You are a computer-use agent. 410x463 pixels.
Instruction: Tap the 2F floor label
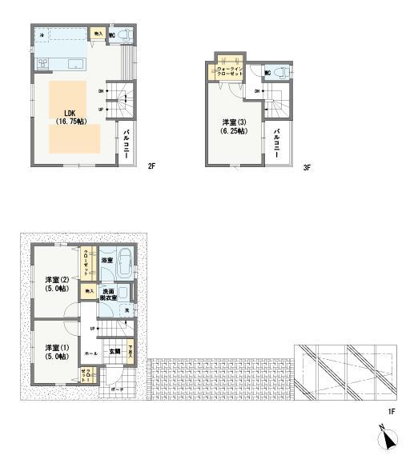pos(150,168)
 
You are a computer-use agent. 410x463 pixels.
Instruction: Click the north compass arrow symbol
pos(388,439)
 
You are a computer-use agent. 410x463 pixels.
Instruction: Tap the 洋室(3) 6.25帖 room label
pos(235,126)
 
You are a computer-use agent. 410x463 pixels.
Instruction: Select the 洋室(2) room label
pos(58,284)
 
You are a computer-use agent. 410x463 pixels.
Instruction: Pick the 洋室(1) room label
pos(58,351)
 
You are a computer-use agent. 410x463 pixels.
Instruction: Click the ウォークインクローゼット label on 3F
pos(231,71)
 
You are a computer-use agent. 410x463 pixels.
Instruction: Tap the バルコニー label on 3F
pos(276,142)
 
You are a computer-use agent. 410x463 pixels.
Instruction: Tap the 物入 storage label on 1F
pos(88,291)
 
